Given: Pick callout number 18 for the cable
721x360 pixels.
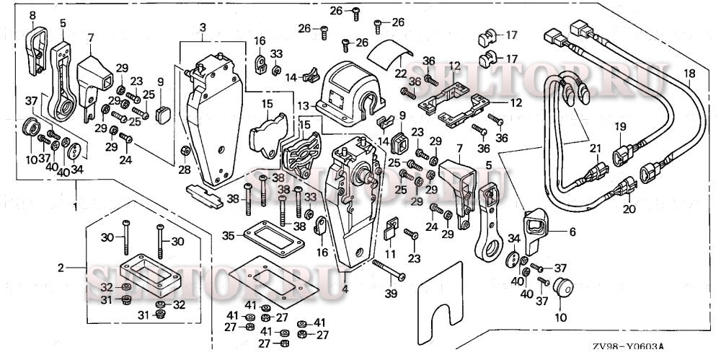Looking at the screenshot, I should tap(689, 73).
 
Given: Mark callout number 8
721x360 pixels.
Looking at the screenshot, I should tap(32, 14).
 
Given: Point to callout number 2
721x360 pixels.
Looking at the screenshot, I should tap(61, 268).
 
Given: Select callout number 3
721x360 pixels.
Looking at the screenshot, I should tap(203, 27).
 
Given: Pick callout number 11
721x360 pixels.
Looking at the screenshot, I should tap(390, 255).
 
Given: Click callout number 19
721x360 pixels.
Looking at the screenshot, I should tap(619, 128).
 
